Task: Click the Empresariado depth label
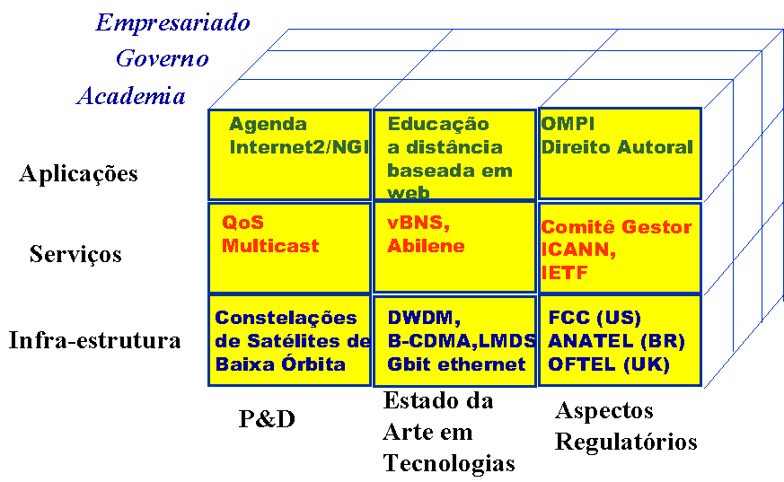click(172, 22)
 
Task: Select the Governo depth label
click(162, 59)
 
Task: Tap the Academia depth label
click(131, 96)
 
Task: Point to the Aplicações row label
click(78, 174)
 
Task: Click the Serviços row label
click(75, 254)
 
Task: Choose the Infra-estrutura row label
click(95, 341)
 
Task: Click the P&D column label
click(267, 418)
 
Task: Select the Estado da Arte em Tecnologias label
click(448, 431)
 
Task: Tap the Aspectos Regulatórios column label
click(625, 426)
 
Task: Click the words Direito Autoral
click(617, 147)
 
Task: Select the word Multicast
click(270, 245)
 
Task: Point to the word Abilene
click(426, 245)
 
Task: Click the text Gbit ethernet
click(456, 364)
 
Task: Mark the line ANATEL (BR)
click(616, 341)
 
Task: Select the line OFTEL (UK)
click(609, 364)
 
